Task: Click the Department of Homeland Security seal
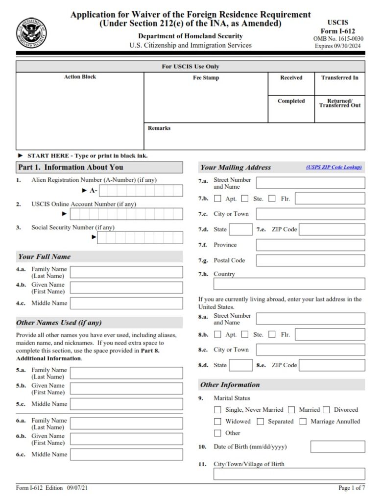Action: pyautogui.click(x=31, y=33)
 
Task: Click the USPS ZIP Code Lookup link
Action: pyautogui.click(x=334, y=167)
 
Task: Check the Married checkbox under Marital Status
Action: pyautogui.click(x=291, y=410)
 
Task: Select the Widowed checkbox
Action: pyautogui.click(x=218, y=422)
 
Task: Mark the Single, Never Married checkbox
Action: pyautogui.click(x=218, y=410)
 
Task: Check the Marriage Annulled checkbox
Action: pyautogui.click(x=303, y=422)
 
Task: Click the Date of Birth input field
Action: pyautogui.click(x=337, y=447)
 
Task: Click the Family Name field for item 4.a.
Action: pyautogui.click(x=126, y=272)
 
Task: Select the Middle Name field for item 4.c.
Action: pyautogui.click(x=126, y=303)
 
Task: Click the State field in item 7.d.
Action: pyautogui.click(x=241, y=229)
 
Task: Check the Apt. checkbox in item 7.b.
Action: pyautogui.click(x=218, y=199)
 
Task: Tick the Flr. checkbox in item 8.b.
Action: pyautogui.click(x=273, y=335)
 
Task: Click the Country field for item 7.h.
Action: pyautogui.click(x=289, y=284)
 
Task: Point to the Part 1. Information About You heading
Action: pyautogui.click(x=71, y=167)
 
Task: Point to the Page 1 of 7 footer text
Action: pyautogui.click(x=351, y=488)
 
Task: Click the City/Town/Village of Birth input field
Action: pyautogui.click(x=289, y=474)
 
